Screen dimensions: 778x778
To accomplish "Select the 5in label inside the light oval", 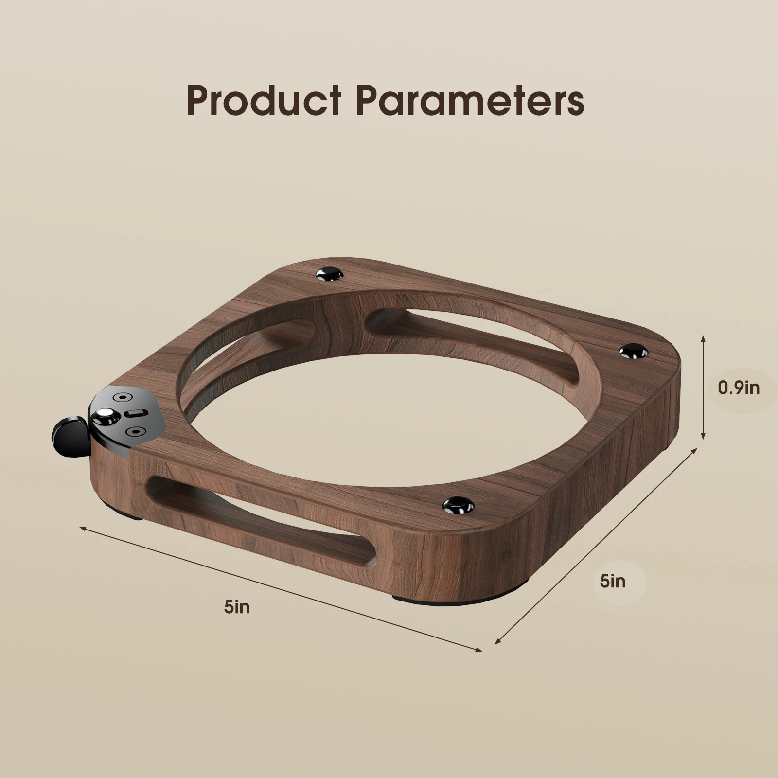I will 613,581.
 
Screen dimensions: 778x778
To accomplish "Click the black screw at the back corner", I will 330,275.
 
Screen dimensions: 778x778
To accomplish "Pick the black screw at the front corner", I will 458,506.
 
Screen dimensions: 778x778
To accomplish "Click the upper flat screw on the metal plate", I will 122,397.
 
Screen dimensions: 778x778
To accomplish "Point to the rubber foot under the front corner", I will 428,601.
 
